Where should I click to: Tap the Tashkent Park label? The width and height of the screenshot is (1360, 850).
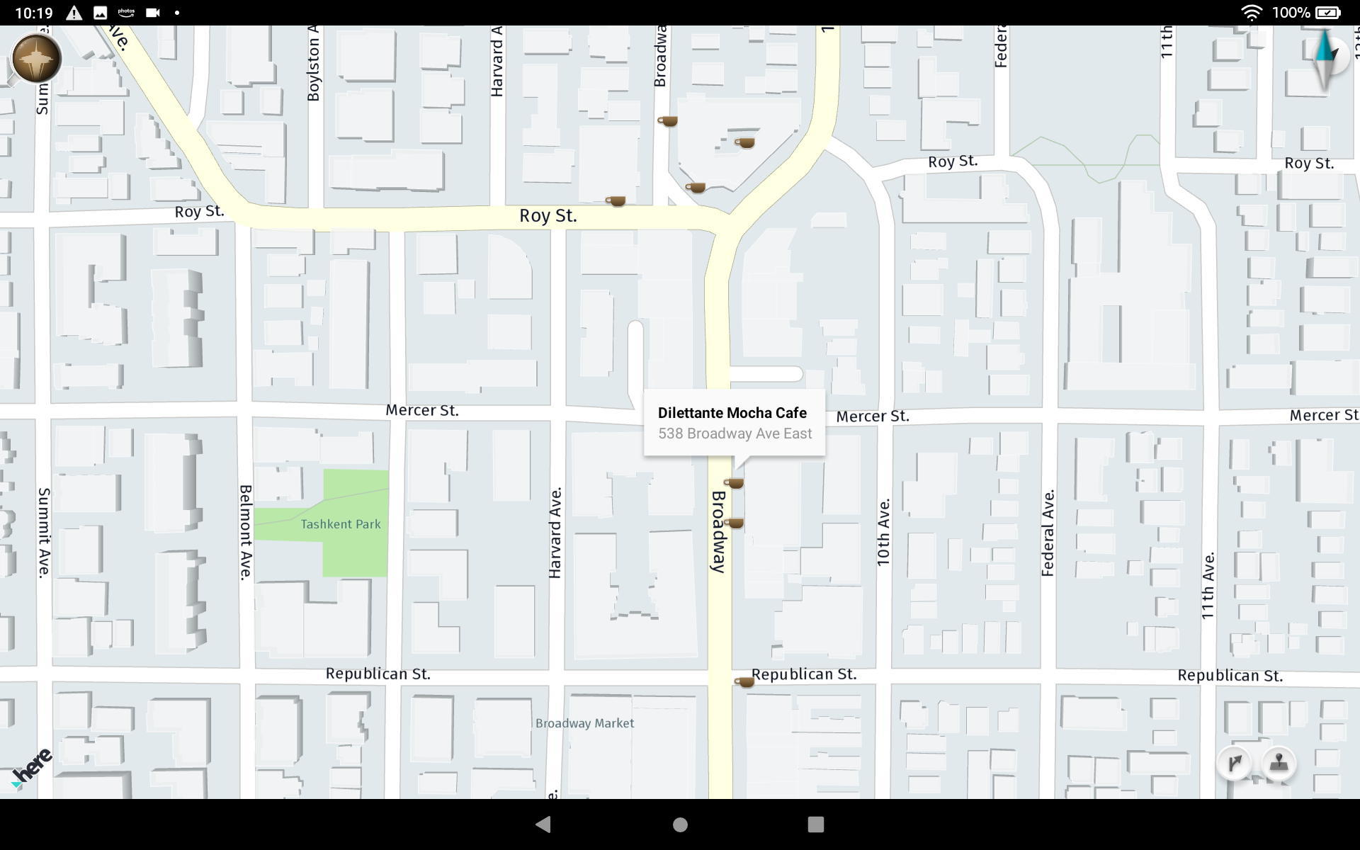[340, 524]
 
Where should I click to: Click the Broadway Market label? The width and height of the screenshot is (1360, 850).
[584, 723]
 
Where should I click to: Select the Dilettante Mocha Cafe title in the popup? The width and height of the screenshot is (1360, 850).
[732, 413]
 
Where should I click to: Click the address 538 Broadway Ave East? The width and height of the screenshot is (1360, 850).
[735, 433]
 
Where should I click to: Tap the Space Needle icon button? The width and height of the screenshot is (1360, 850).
[36, 59]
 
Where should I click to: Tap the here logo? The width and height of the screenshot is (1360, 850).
[32, 767]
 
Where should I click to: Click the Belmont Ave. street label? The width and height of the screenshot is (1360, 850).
[246, 532]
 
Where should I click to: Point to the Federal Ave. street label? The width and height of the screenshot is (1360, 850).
[1048, 532]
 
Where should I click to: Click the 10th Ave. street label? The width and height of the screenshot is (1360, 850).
[883, 532]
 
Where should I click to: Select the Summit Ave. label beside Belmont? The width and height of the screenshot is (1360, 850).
[44, 532]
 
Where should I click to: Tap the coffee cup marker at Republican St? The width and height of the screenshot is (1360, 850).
[744, 681]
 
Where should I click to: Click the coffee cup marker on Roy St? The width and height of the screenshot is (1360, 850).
[616, 201]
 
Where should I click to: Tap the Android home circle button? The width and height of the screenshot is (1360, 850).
[680, 824]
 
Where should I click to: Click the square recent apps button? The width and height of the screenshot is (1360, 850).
[816, 824]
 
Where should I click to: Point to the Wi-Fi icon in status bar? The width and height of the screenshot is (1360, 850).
[1252, 13]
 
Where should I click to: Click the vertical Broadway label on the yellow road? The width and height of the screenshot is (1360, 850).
[718, 531]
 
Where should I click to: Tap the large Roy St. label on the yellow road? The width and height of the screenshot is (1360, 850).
[548, 216]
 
